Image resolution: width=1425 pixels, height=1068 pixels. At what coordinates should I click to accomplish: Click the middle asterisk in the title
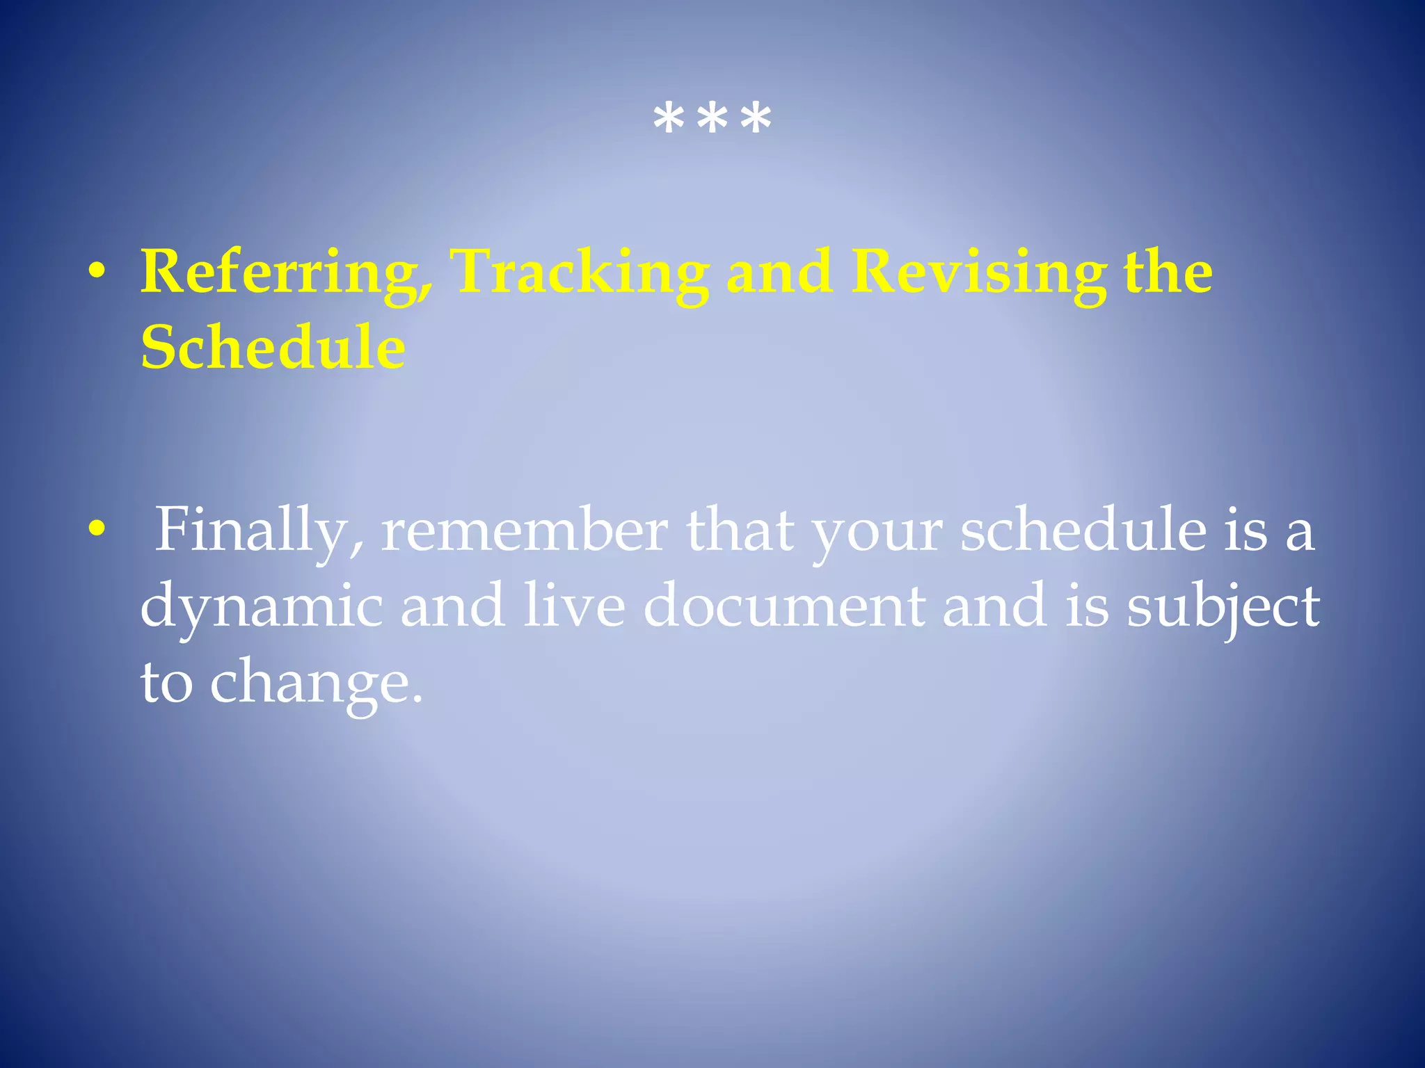[712, 120]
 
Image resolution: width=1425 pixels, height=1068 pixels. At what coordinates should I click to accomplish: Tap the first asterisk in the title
[669, 120]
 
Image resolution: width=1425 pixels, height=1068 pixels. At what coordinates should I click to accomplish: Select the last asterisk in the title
[756, 120]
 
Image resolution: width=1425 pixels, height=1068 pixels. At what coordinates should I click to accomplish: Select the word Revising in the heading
[979, 273]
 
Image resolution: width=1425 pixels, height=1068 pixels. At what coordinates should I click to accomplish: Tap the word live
[574, 606]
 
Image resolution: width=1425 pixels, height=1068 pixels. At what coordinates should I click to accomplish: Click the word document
[784, 606]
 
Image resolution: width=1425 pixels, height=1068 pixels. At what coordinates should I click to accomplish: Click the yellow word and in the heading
[779, 272]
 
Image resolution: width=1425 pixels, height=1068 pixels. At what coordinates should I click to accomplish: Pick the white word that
[740, 531]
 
